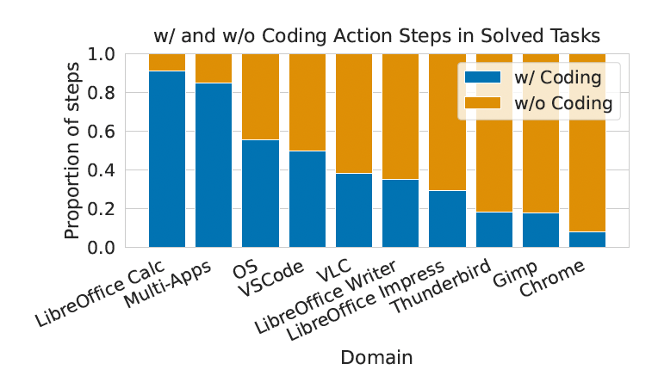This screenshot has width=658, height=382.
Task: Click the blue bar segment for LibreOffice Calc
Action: (x=167, y=159)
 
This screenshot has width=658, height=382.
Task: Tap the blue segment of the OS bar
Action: (x=260, y=194)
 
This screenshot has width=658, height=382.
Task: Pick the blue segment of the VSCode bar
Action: (x=307, y=199)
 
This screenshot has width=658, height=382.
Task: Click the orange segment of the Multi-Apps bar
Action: (x=214, y=68)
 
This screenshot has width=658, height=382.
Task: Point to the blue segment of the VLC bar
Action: (x=354, y=210)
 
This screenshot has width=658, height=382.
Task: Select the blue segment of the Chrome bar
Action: (x=587, y=239)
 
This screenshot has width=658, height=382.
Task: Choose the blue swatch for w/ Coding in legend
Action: (x=482, y=77)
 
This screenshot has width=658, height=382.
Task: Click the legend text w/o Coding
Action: (x=563, y=104)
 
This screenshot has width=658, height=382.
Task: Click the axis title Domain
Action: (x=376, y=357)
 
